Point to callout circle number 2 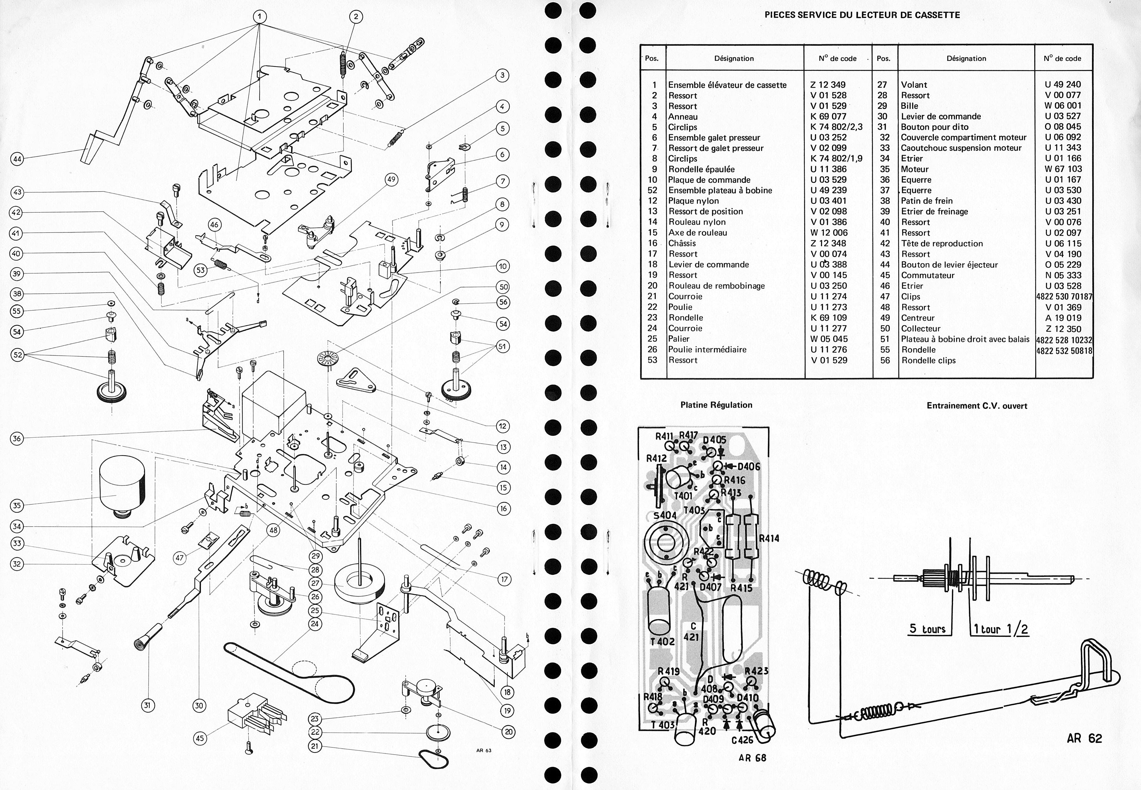point(356,17)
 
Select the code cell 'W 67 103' point(1063,169)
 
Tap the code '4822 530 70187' point(1064,296)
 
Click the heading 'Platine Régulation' point(716,405)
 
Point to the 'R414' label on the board point(769,538)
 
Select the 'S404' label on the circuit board point(665,515)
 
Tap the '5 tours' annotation point(927,629)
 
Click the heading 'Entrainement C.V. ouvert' point(977,406)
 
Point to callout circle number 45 point(199,738)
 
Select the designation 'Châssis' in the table point(682,243)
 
